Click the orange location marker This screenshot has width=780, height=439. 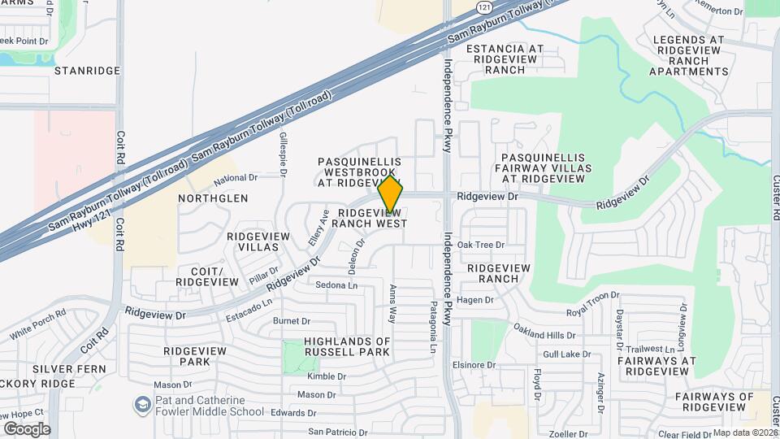click(x=391, y=196)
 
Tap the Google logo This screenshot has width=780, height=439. click(x=27, y=428)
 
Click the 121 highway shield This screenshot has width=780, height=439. click(x=484, y=7)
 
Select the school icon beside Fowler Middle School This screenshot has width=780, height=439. click(x=142, y=405)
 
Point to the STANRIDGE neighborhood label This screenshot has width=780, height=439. click(x=87, y=71)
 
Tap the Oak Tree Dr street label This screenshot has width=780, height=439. click(x=481, y=245)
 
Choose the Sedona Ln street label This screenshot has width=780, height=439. click(x=336, y=285)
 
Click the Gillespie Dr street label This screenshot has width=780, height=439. click(x=284, y=154)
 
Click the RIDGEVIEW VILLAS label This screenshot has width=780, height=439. click(x=258, y=241)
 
